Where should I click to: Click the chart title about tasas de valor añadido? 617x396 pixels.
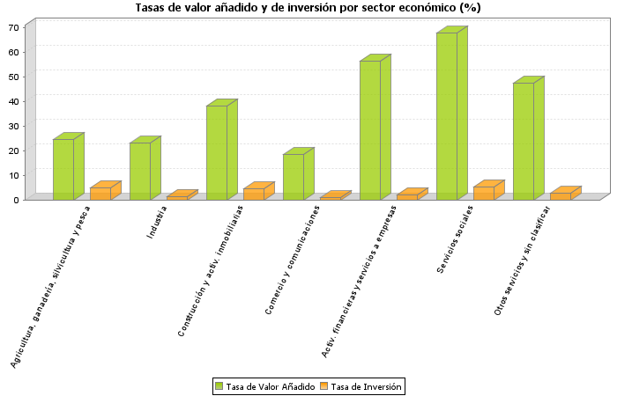coord(308,8)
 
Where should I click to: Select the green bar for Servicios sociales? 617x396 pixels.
coord(446,114)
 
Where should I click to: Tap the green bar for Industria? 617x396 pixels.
coord(139,170)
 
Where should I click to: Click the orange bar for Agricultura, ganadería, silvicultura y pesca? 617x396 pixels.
coord(100,193)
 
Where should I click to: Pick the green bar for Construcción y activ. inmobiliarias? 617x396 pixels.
coord(216,151)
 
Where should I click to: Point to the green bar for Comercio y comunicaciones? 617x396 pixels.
coord(293,176)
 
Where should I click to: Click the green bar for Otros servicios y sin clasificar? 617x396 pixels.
coord(523,140)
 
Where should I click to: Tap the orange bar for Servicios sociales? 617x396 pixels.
coord(484,193)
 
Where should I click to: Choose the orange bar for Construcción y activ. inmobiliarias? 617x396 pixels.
coord(254,194)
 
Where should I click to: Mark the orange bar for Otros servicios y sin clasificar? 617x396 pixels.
coord(561,195)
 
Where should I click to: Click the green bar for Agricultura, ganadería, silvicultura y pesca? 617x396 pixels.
coord(63,168)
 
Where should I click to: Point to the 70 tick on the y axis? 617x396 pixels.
coord(14,27)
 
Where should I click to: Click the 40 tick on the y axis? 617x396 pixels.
coord(14,101)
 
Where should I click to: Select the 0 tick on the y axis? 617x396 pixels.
coord(17,200)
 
